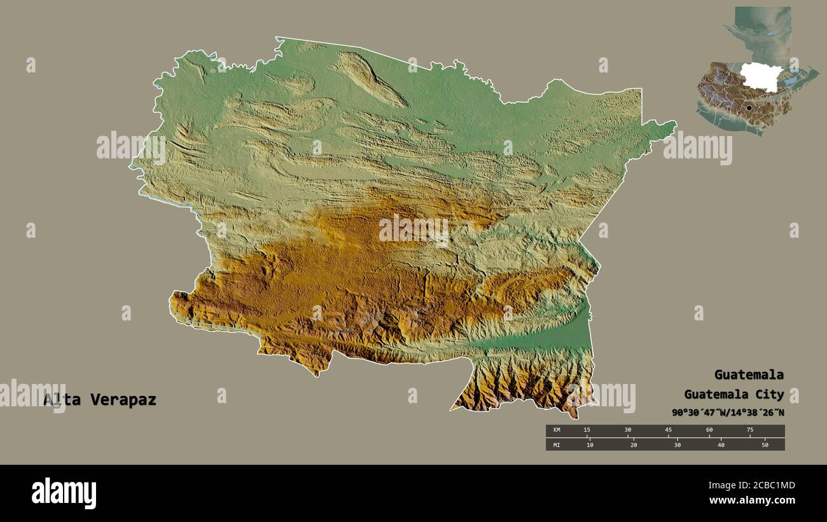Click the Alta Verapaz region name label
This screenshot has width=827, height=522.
pos(100,400)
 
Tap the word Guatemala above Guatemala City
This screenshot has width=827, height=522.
pos(749,374)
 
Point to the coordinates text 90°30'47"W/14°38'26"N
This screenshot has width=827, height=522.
pos(728,413)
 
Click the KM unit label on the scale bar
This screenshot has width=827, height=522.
pos(557,430)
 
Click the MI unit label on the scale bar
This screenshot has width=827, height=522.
pos(557,445)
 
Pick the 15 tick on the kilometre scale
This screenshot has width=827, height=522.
pos(587,430)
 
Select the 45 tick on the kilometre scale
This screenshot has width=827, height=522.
pos(668,430)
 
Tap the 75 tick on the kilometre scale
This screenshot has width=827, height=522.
pos(749,430)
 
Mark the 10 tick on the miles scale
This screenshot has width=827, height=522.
pos(590,445)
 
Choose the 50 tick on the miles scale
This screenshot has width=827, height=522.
pos(765,445)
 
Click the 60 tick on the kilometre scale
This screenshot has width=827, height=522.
pos(709,430)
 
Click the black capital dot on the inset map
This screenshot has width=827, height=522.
pos(749,108)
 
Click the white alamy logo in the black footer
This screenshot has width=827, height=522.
pos(64,493)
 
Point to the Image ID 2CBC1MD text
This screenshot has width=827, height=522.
pos(751,486)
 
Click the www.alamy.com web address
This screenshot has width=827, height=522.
pos(752,500)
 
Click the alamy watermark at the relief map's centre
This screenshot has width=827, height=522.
pos(413,230)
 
